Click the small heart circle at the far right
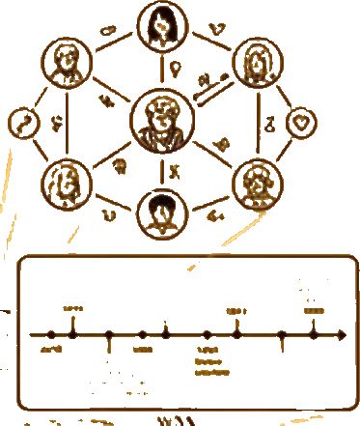point(302,123)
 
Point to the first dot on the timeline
point(49,335)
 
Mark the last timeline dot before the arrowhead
point(314,334)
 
